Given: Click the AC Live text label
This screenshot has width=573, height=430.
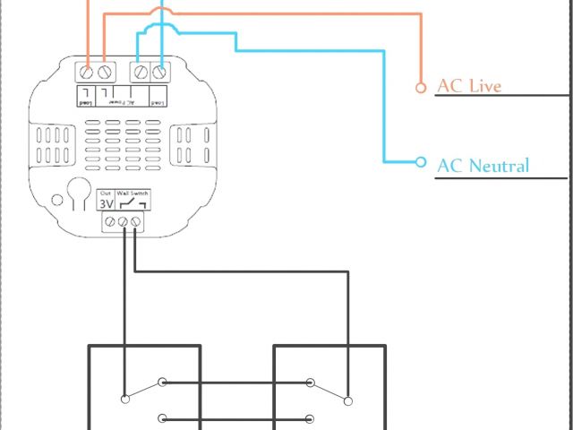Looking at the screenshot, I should click(x=468, y=86).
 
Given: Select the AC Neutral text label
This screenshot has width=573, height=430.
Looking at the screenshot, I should click(x=483, y=165).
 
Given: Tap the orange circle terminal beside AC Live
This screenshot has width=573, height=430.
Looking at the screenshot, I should click(x=421, y=87).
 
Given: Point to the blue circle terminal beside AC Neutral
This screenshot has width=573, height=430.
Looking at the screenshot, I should click(x=421, y=162).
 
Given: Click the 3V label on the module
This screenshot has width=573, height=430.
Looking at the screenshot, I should click(x=106, y=204).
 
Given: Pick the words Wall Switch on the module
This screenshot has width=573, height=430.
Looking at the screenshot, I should click(x=133, y=193).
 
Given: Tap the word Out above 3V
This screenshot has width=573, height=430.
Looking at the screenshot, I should click(x=106, y=193).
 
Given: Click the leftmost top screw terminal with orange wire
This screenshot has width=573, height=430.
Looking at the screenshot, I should click(x=88, y=70).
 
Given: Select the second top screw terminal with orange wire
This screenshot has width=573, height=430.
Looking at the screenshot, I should click(x=105, y=70).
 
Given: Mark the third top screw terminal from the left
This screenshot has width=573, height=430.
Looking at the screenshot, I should click(x=142, y=70).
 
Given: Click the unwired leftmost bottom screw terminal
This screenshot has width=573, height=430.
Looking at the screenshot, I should click(x=108, y=220).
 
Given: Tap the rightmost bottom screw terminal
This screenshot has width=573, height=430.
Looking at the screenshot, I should click(x=135, y=220).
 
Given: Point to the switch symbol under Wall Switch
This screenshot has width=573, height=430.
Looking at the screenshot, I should click(x=133, y=205).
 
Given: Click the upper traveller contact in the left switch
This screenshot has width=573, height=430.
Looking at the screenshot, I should click(x=162, y=383).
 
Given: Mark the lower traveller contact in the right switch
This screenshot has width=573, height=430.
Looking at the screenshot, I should click(x=310, y=417).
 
